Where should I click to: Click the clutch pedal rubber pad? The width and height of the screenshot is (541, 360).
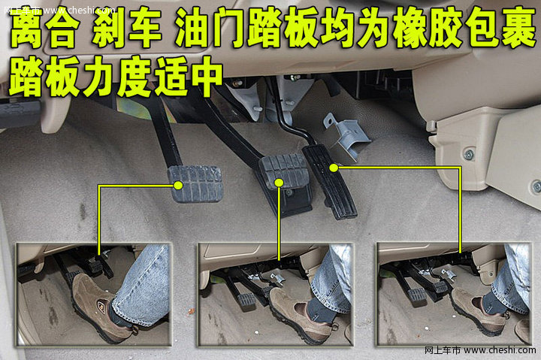pyautogui.click(x=195, y=183)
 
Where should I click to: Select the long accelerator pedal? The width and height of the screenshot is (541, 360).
pyautogui.click(x=329, y=182)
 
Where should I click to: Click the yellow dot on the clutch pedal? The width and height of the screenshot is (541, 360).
pyautogui.click(x=178, y=186)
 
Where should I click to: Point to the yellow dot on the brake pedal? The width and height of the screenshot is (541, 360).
pyautogui.click(x=279, y=183)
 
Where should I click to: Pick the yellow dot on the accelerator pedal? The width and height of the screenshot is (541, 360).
pyautogui.click(x=334, y=168)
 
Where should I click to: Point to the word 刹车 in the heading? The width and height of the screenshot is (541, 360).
pyautogui.click(x=127, y=28)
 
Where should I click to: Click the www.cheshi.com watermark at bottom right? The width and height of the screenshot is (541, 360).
pyautogui.click(x=500, y=350)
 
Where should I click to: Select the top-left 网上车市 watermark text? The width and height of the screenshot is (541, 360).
pyautogui.click(x=22, y=11)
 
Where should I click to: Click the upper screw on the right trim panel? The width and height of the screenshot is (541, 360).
pyautogui.click(x=469, y=154)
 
